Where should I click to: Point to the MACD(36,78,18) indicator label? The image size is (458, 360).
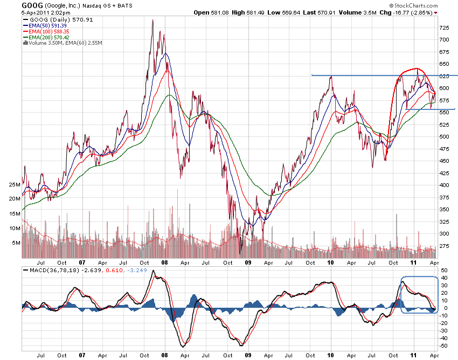point(47,269)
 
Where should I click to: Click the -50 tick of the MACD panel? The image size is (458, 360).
point(443,346)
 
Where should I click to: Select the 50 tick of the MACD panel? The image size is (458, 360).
point(443,269)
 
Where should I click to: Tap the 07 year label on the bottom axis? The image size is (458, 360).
point(82,356)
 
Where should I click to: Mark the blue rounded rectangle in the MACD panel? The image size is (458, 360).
point(419,295)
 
